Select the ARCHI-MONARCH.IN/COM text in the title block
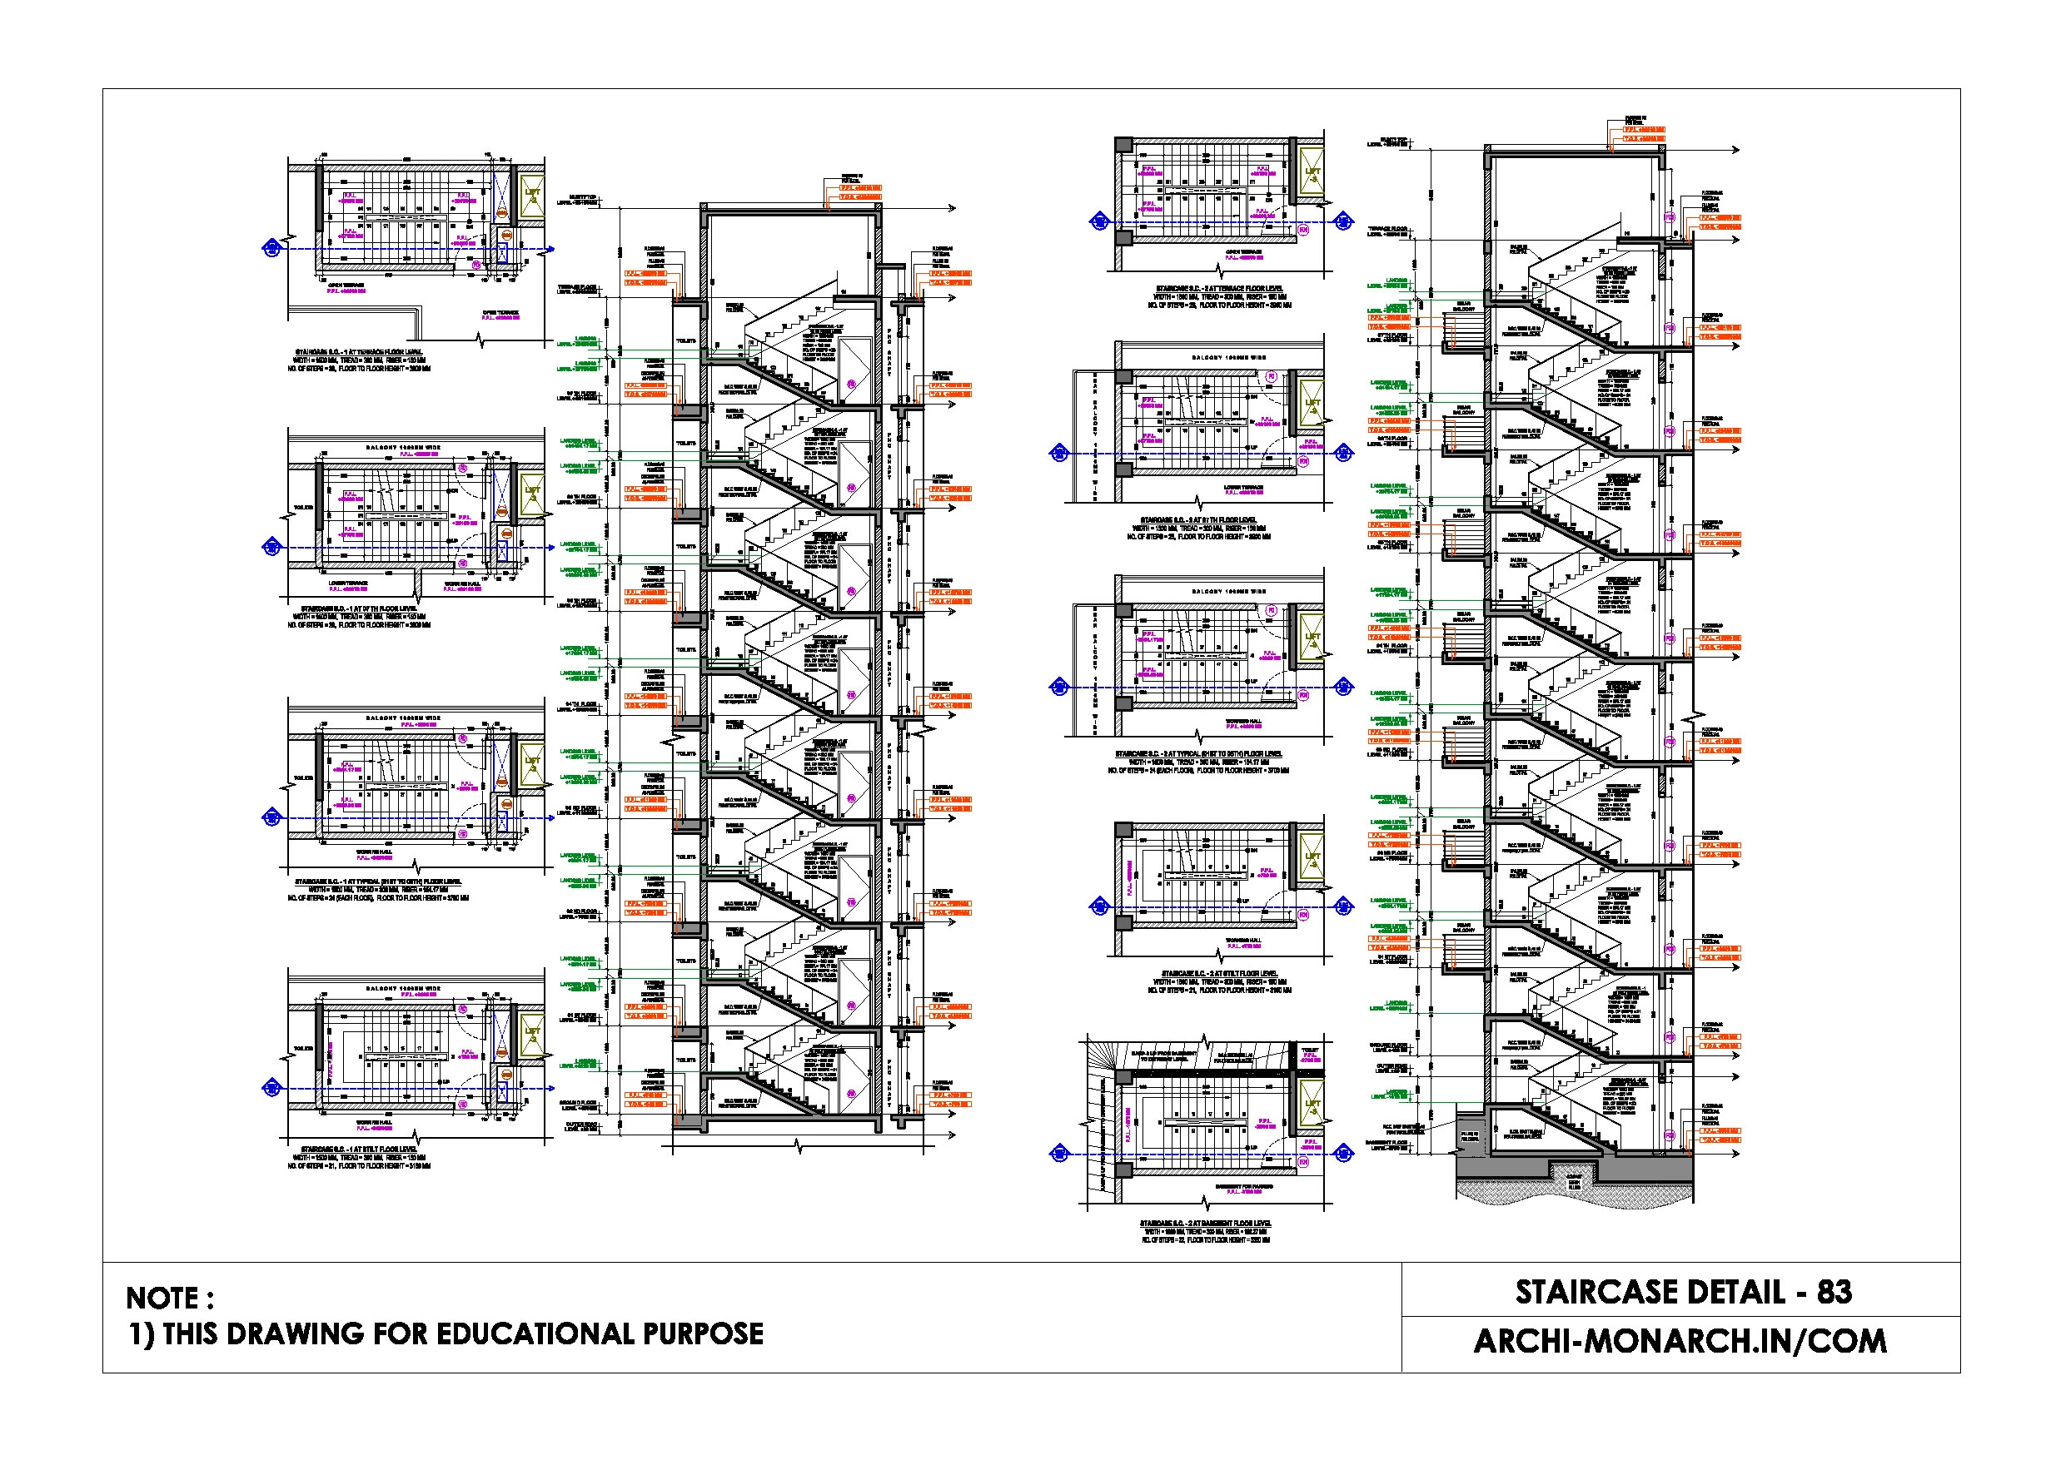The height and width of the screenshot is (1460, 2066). point(1679,1341)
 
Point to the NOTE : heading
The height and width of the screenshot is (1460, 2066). point(170,1298)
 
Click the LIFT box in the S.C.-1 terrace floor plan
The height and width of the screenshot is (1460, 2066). point(533,197)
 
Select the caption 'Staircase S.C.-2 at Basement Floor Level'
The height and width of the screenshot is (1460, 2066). point(1205,1224)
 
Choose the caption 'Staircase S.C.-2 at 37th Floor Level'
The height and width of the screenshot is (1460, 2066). point(1198,520)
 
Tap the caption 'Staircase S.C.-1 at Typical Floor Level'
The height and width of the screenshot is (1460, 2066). point(378,881)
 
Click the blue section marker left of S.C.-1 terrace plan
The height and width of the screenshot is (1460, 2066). point(271,248)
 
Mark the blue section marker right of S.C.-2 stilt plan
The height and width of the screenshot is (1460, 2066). point(1343,906)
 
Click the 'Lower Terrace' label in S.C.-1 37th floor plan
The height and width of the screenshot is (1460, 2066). point(347,584)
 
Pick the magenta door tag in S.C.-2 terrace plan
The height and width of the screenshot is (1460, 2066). point(1304,231)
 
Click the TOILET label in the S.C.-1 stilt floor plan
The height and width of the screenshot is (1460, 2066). point(303,1049)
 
